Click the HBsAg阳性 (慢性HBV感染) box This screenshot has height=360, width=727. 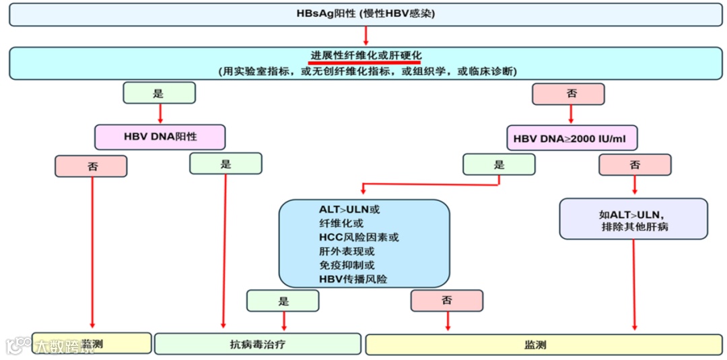366,14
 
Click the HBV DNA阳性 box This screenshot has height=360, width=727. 160,136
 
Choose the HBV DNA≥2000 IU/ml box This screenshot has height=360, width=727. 572,139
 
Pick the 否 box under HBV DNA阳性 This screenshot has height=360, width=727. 91,166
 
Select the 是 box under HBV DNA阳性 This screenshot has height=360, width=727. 226,164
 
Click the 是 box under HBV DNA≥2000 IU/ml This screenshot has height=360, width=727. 499,164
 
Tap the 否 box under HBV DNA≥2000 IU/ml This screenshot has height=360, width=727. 635,165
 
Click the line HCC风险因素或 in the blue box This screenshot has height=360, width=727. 359,238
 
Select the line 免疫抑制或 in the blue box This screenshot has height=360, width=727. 347,265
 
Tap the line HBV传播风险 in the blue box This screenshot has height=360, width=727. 353,279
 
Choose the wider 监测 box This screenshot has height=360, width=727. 543,345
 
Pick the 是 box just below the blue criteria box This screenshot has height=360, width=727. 283,301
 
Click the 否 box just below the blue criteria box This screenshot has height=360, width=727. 447,301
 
